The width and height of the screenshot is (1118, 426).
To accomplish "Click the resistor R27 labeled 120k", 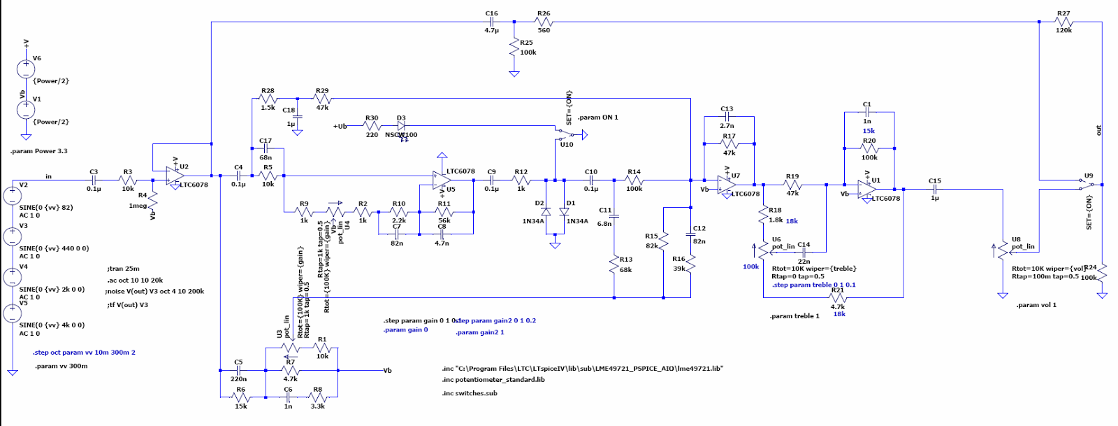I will click(1063, 22).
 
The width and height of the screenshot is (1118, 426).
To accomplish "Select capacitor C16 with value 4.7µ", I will click(492, 22).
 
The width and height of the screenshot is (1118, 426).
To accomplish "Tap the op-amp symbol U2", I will click(171, 177).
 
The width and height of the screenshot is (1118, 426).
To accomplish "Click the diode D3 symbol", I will click(401, 126).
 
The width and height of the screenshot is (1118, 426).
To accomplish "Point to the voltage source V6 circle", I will click(26, 69).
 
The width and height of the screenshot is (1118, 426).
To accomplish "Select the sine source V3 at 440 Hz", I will click(12, 236).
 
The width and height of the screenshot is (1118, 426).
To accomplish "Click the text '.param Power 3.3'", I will click(39, 151).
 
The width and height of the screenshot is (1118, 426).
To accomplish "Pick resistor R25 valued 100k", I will click(514, 48).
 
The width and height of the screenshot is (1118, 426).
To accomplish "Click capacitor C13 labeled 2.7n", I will click(727, 118).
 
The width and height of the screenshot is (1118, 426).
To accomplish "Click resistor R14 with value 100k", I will click(634, 180).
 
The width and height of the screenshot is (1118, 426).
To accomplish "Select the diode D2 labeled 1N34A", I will click(546, 211).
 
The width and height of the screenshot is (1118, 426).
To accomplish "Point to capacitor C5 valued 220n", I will click(238, 370).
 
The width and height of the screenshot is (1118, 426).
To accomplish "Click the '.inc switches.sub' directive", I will click(470, 393).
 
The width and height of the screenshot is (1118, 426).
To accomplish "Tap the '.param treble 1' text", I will click(794, 316).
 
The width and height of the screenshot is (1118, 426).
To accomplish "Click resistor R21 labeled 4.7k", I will click(838, 298).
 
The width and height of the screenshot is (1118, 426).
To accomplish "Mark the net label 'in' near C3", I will click(49, 176).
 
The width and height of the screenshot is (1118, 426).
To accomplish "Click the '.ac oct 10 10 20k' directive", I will click(136, 280).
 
